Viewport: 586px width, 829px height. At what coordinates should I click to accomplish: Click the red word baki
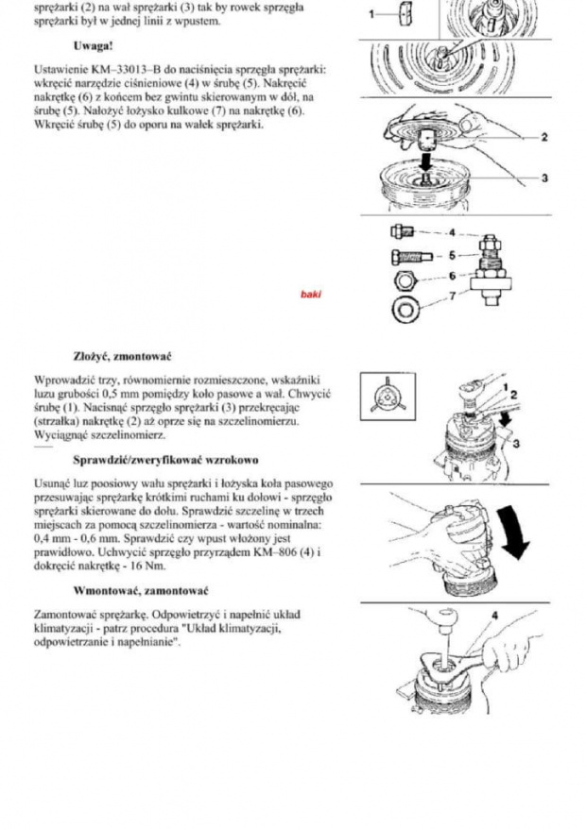(311, 294)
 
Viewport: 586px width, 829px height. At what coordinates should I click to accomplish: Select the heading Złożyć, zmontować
(122, 357)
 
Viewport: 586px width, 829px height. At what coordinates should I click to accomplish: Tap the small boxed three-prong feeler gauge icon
(386, 398)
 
